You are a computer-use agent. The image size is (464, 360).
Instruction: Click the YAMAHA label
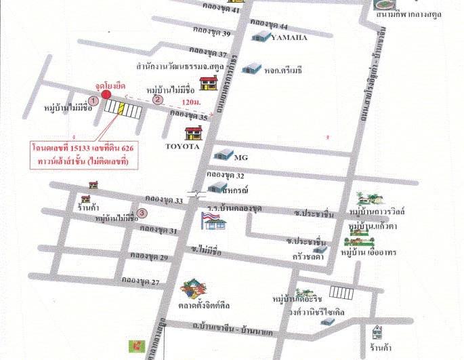click(289, 38)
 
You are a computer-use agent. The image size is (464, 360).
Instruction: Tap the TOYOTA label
click(183, 146)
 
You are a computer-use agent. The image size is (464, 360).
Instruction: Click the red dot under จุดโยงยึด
click(107, 94)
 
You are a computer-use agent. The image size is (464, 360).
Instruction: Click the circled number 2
click(159, 100)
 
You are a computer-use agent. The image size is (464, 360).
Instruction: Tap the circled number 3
click(142, 214)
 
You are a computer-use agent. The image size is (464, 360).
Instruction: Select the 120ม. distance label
click(192, 102)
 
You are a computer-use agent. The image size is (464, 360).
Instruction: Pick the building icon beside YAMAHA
click(260, 36)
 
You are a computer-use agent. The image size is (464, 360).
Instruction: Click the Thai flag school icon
click(209, 219)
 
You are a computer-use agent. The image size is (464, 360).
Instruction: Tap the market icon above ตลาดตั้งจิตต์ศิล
click(194, 289)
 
